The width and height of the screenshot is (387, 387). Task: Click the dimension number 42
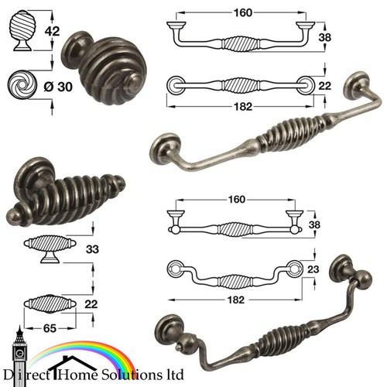(52, 31)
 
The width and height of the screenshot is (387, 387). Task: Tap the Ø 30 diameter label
(58, 87)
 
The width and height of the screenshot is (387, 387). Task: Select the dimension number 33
(92, 249)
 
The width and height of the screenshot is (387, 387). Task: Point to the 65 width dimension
(50, 328)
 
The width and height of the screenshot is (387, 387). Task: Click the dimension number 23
(313, 269)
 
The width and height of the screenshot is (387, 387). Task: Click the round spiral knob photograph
(104, 68)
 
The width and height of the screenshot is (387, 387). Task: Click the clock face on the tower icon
(19, 353)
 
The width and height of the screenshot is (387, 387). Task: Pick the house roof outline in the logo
(72, 363)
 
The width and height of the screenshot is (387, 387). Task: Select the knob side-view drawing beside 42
(22, 30)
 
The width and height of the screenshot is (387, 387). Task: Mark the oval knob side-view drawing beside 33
(50, 248)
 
